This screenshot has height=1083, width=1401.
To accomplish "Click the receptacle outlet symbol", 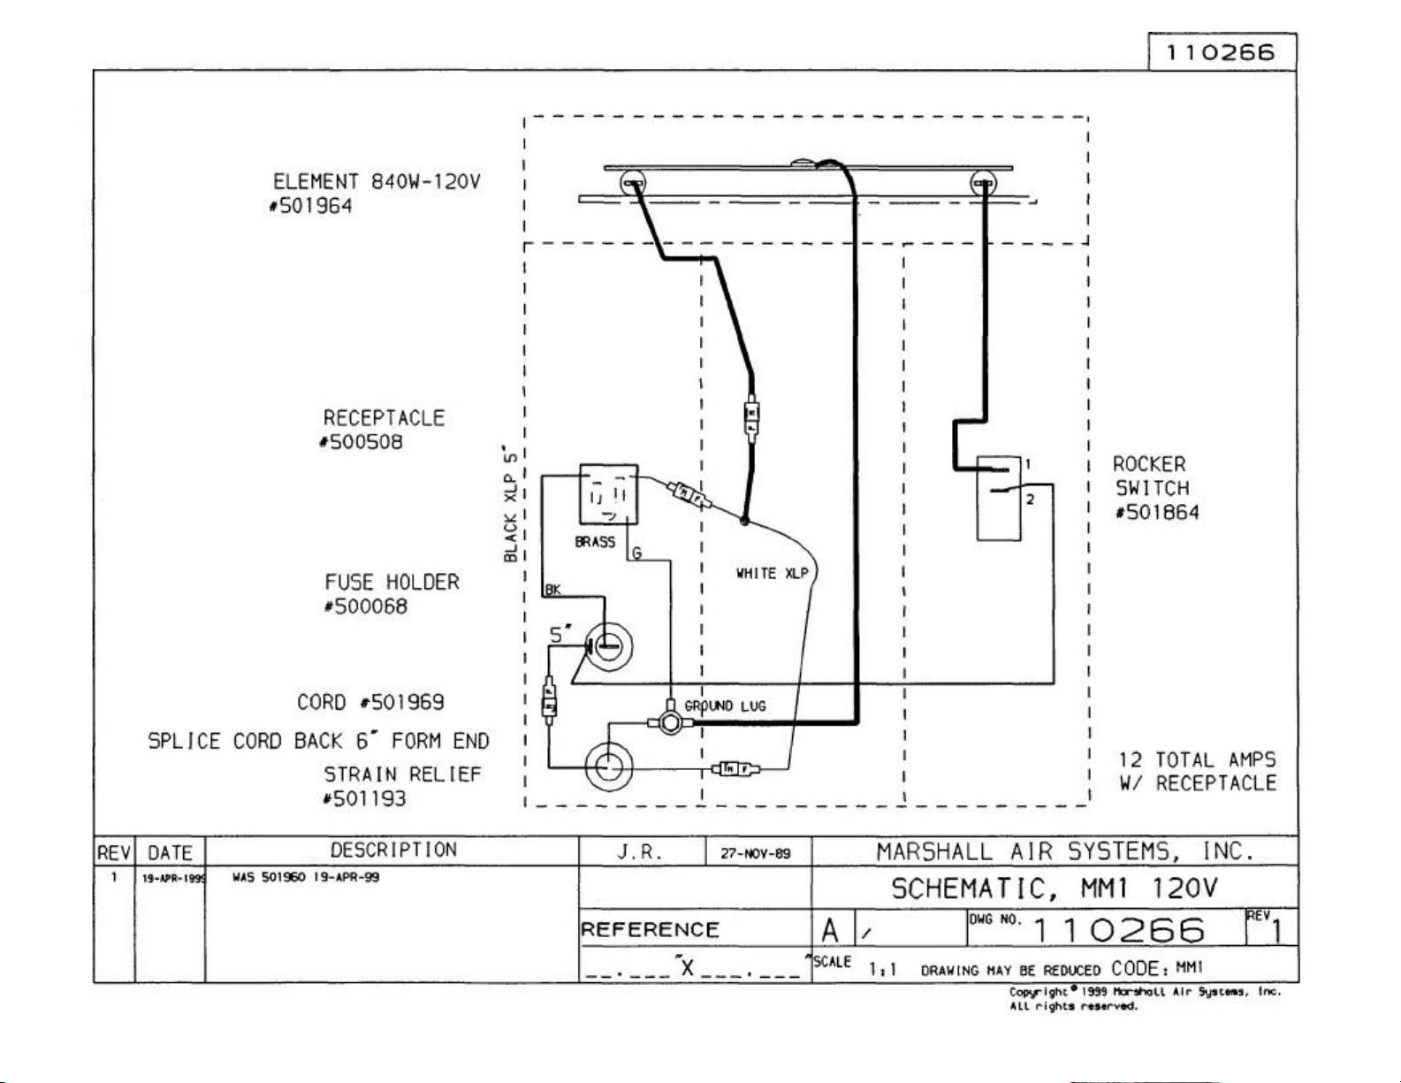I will tap(608, 494).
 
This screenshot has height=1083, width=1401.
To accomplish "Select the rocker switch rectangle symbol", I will tap(999, 498).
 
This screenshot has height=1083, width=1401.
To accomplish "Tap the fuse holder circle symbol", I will tap(608, 647).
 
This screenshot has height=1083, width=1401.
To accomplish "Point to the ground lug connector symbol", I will tap(672, 722).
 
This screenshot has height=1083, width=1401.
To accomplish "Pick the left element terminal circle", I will tap(634, 184).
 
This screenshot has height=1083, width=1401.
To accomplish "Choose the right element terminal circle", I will tap(982, 184).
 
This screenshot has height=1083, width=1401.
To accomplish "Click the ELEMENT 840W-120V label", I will tap(377, 182).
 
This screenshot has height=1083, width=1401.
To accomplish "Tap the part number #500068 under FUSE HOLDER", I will tap(366, 606).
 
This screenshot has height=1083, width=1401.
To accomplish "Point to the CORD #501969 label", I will tap(370, 703).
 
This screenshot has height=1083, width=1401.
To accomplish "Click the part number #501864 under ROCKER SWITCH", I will tap(1157, 513).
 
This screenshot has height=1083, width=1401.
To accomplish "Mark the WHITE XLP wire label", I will tap(772, 573).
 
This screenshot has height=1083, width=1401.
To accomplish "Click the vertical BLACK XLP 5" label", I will tap(510, 504).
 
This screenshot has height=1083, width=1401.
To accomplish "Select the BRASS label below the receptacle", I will tap(595, 542).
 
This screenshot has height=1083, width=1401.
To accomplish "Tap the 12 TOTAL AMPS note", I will tap(1198, 760).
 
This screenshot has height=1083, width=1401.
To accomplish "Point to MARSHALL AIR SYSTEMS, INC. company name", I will tap(1065, 851).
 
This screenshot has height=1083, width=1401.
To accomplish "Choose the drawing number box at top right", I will tap(1222, 52).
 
